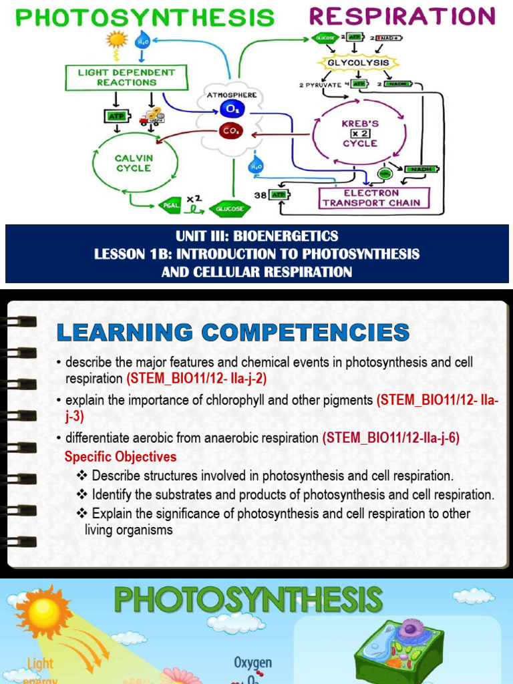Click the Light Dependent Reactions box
(126, 77)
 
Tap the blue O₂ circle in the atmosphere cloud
(230, 109)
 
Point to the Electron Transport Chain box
(372, 198)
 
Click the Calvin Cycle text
(134, 163)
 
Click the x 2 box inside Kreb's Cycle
(360, 134)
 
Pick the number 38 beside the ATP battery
(262, 196)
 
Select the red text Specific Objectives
(120, 457)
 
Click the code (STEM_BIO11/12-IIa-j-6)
(391, 438)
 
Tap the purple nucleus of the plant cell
(408, 629)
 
